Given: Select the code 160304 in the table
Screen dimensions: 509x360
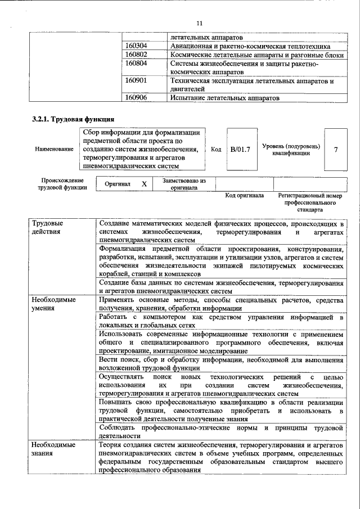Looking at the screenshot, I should click(x=136, y=46).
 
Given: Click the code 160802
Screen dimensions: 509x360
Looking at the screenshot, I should click(x=136, y=55).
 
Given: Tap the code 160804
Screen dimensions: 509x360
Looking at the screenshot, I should click(x=136, y=64).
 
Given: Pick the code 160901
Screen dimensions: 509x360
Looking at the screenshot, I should click(x=136, y=81).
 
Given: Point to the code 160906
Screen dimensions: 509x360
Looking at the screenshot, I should click(x=136, y=97).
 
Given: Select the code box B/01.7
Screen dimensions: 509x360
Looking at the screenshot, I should click(x=240, y=150).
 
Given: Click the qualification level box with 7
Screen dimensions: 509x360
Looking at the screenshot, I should click(x=336, y=150).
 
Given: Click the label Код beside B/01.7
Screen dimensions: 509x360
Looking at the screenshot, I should click(x=216, y=150).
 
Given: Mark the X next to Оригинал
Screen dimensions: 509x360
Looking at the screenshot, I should click(x=144, y=184).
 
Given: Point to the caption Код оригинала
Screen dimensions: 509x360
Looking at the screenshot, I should click(x=245, y=196).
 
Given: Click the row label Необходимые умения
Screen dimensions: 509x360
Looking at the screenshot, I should click(x=53, y=304).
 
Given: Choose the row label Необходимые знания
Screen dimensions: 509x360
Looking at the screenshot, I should click(x=53, y=449).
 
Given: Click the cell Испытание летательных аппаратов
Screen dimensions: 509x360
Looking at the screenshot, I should click(x=224, y=97).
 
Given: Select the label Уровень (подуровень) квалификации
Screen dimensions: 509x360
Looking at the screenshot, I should click(x=291, y=150).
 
